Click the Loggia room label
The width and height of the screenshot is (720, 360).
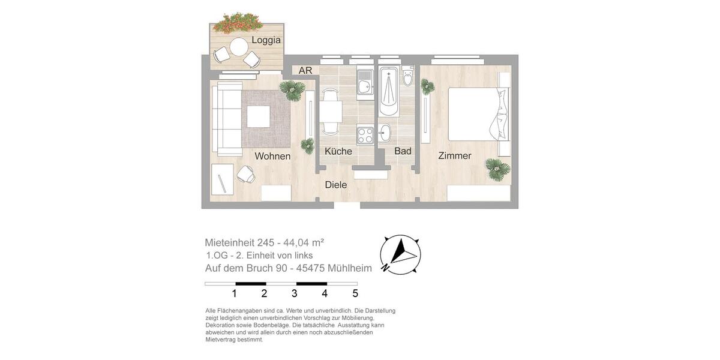click(x=266, y=40)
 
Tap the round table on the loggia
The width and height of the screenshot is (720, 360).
click(x=239, y=46)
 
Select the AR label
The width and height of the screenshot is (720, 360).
click(x=305, y=71)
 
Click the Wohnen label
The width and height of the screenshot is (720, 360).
click(x=272, y=156)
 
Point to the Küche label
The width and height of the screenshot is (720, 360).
click(x=338, y=151)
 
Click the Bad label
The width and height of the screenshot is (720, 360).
click(x=403, y=151)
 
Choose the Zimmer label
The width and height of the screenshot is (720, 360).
click(x=454, y=156)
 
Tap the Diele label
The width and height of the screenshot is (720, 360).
click(x=336, y=185)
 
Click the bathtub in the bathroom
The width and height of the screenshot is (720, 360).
click(x=389, y=93)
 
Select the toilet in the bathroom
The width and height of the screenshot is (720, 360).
click(x=408, y=77)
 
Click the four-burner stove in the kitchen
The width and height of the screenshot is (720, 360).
click(x=365, y=135)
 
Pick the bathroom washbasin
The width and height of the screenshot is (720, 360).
click(x=385, y=133)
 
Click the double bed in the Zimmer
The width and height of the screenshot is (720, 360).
click(x=477, y=114)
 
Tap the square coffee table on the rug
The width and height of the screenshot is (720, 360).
click(x=258, y=116)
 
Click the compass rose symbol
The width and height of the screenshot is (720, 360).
click(x=400, y=254)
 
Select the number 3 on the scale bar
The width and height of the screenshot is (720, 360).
click(x=295, y=293)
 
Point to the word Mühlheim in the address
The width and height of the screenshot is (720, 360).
click(x=349, y=268)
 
